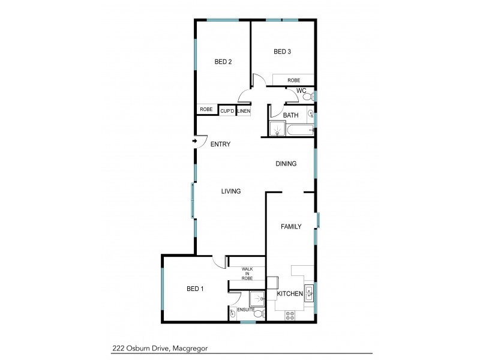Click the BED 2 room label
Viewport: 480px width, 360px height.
pyautogui.click(x=223, y=61)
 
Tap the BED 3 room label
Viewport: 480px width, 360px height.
pyautogui.click(x=282, y=52)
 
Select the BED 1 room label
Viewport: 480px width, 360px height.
pyautogui.click(x=195, y=289)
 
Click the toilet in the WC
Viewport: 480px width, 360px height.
pyautogui.click(x=307, y=96)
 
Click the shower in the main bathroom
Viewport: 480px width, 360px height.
pyautogui.click(x=277, y=129)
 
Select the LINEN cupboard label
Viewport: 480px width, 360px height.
pyautogui.click(x=244, y=110)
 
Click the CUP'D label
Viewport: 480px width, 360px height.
pyautogui.click(x=227, y=110)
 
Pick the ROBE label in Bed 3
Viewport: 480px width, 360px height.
pyautogui.click(x=293, y=80)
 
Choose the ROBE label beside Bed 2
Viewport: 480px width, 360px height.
pyautogui.click(x=206, y=109)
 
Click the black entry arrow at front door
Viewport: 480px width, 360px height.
pyautogui.click(x=196, y=142)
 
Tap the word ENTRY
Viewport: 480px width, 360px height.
pyautogui.click(x=221, y=144)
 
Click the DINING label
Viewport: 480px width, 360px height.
pyautogui.click(x=286, y=164)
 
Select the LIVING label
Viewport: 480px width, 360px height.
pyautogui.click(x=230, y=191)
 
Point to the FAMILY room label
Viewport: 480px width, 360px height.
pyautogui.click(x=291, y=226)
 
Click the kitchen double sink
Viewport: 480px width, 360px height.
pyautogui.click(x=310, y=293)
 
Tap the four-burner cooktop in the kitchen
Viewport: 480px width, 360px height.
pyautogui.click(x=289, y=314)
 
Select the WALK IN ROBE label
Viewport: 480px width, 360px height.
pyautogui.click(x=247, y=274)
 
